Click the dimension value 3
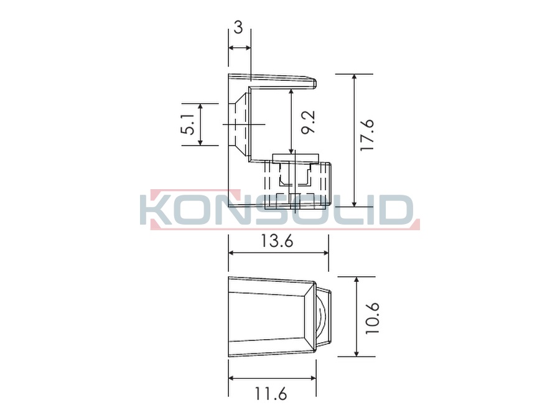(238, 27)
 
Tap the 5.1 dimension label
(188, 124)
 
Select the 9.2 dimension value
(308, 123)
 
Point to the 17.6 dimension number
(367, 134)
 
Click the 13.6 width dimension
(276, 241)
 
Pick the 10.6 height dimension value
(371, 318)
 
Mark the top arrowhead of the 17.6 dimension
(354, 77)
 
